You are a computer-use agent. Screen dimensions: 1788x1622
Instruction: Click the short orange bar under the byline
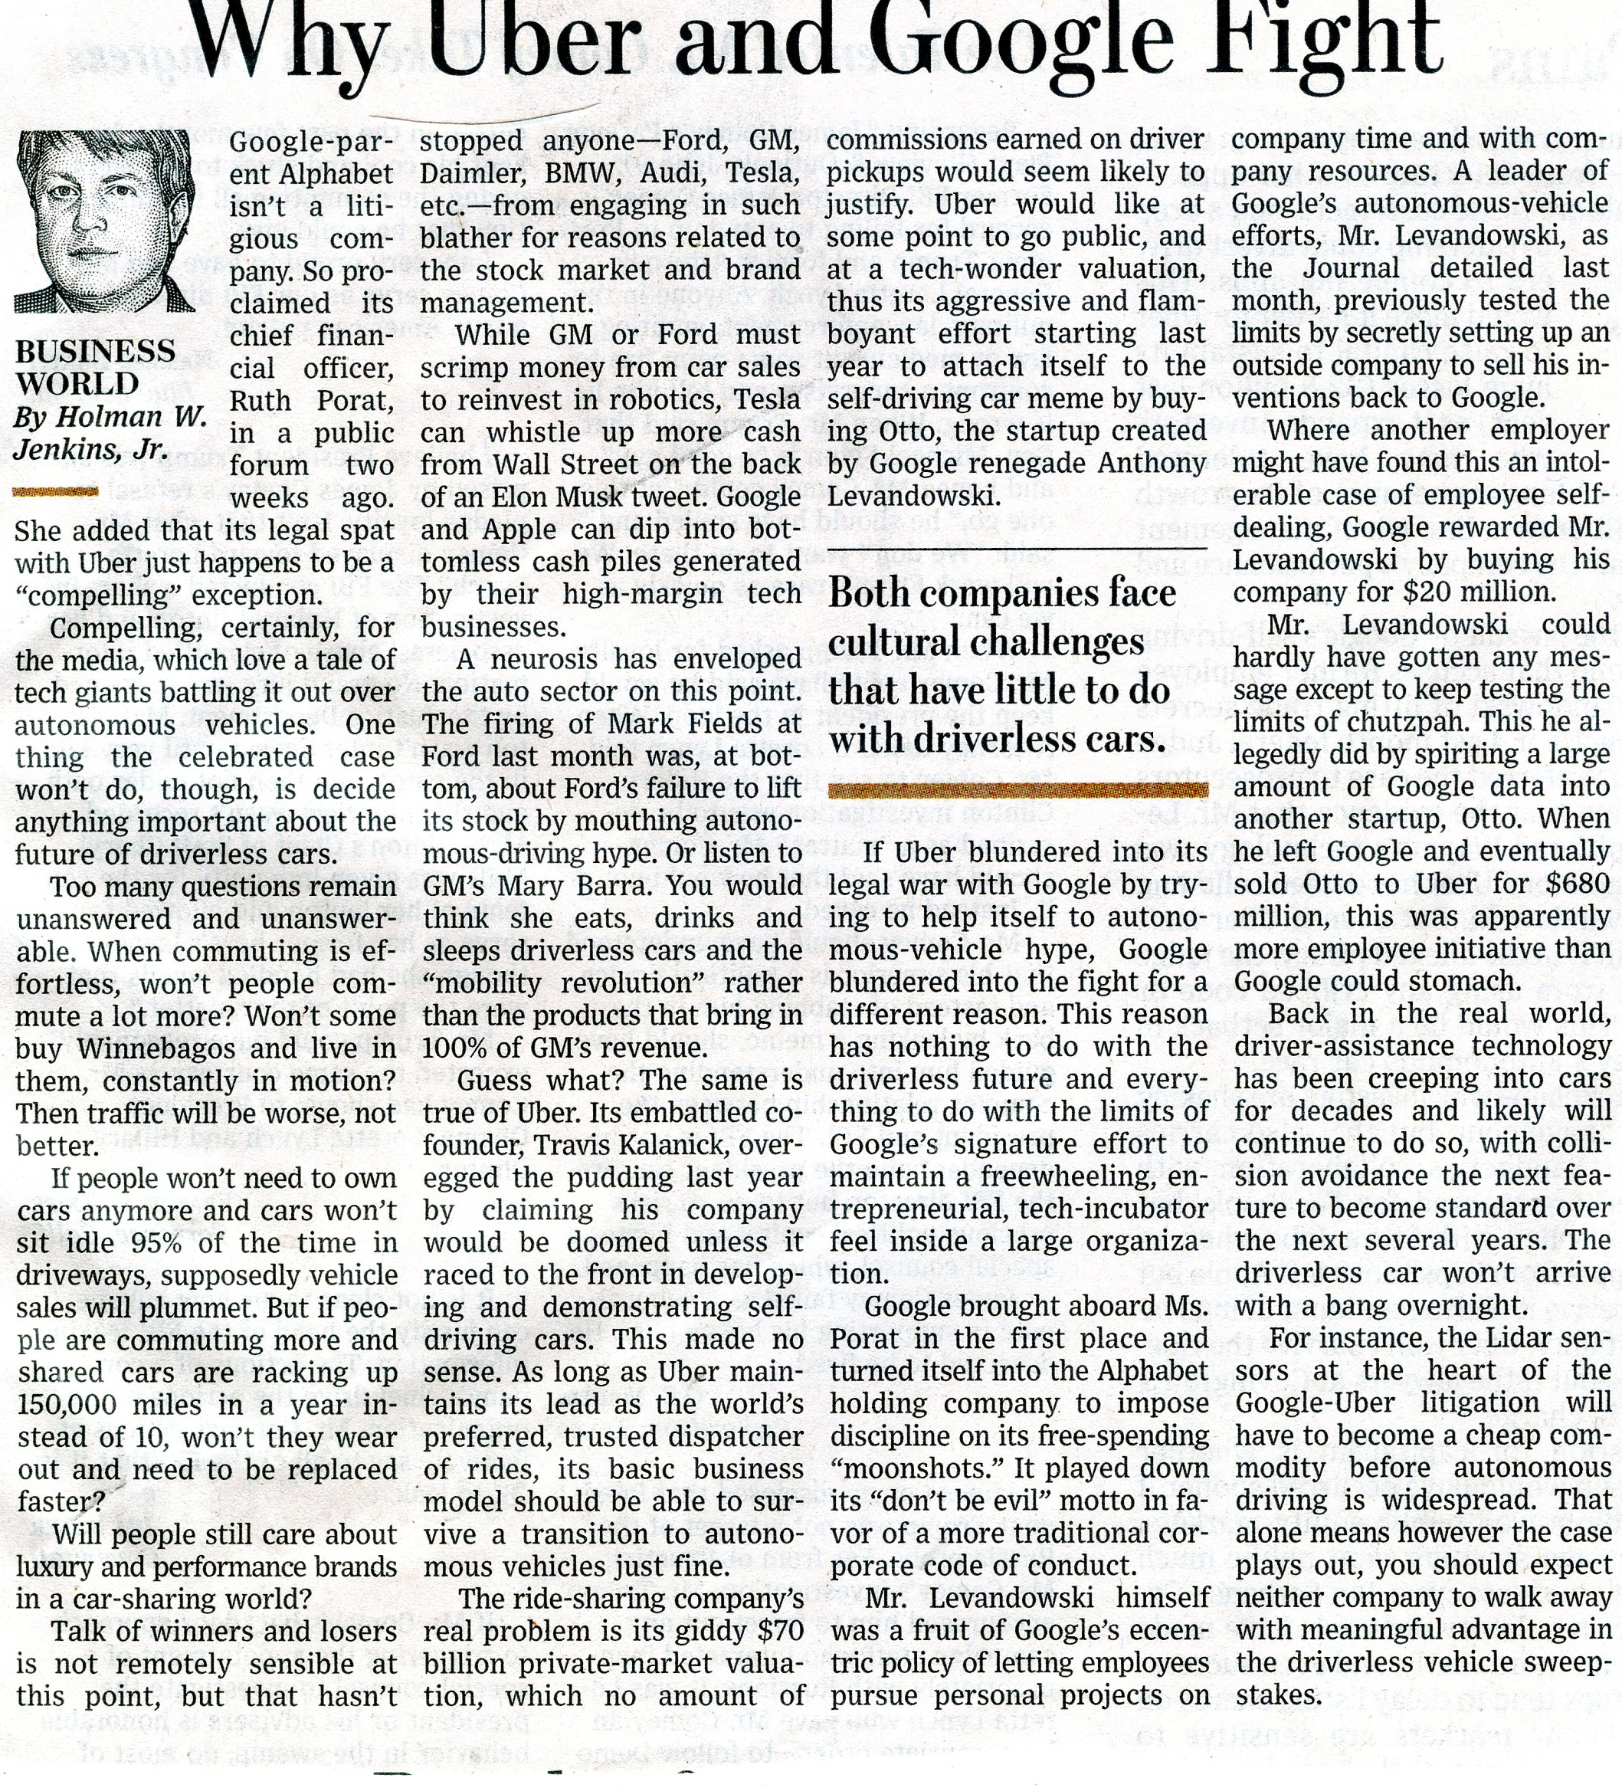pyautogui.click(x=56, y=490)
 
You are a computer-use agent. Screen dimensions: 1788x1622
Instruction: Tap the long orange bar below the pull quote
pyautogui.click(x=1017, y=790)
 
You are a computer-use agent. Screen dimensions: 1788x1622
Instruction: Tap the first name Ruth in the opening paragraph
pyautogui.click(x=264, y=401)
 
